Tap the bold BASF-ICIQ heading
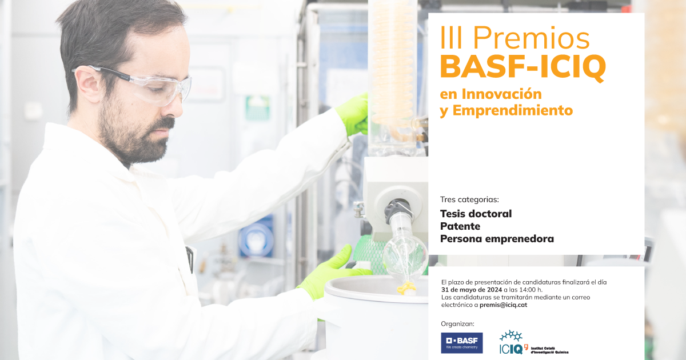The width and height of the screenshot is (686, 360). tap(523, 67)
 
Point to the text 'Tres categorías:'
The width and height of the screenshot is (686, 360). tap(469, 199)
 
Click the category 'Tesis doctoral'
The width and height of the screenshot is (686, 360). tap(476, 214)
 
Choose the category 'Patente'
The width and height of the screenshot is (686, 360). tap(460, 226)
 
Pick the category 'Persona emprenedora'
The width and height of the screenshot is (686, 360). tap(497, 239)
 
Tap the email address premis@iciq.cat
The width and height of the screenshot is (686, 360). tap(503, 305)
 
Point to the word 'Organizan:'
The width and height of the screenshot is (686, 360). tap(458, 323)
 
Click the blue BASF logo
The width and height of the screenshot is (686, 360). tap(461, 343)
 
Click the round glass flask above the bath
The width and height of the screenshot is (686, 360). tap(405, 255)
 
